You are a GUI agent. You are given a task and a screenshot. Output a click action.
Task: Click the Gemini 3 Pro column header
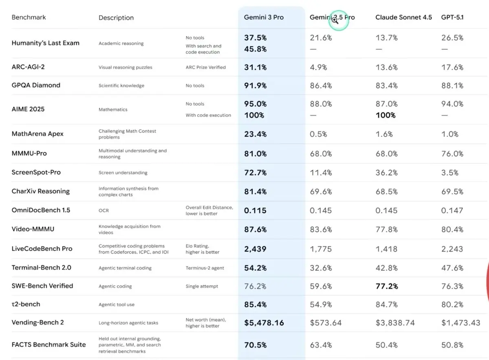click(264, 18)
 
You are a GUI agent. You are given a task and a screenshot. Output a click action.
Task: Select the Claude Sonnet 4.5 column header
click(403, 18)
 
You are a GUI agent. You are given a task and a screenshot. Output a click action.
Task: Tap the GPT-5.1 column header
click(452, 18)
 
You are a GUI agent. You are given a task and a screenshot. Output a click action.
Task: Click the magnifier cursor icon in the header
click(335, 20)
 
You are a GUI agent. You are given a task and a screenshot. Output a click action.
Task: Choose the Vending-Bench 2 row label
click(37, 323)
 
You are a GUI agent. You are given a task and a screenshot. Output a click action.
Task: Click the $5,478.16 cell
click(264, 323)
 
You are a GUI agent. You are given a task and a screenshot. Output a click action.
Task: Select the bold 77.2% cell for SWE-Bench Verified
click(387, 286)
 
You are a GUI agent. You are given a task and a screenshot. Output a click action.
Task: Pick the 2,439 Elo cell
click(255, 249)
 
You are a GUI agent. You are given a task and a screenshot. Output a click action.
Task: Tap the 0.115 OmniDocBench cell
click(255, 211)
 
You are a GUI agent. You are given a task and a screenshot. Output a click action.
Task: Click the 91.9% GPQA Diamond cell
click(256, 86)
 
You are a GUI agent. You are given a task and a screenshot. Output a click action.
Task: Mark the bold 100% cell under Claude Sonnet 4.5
click(385, 115)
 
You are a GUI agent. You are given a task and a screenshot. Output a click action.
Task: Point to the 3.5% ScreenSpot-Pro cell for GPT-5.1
click(450, 173)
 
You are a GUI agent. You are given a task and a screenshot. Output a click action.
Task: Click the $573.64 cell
click(326, 323)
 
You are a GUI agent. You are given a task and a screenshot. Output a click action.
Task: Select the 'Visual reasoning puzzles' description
click(125, 68)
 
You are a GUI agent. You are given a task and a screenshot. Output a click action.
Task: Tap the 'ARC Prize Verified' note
click(205, 67)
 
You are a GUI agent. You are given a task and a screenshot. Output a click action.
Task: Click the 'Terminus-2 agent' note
click(205, 268)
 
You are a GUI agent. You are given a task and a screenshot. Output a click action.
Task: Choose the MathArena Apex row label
click(37, 134)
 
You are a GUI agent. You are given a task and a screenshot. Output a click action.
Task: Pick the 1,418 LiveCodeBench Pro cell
click(386, 249)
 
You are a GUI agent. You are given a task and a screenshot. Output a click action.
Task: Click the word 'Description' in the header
click(116, 18)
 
